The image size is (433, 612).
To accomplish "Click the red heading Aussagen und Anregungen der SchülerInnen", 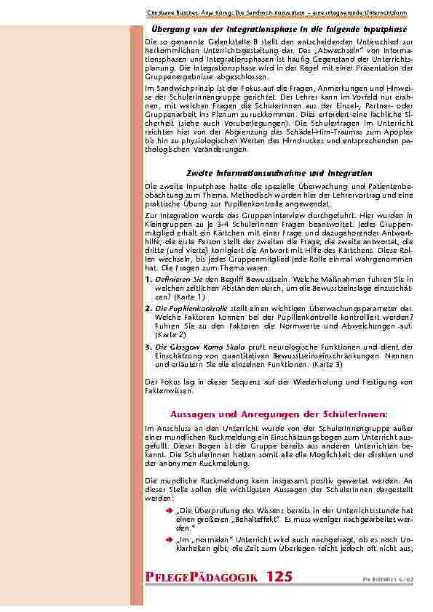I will [x=279, y=413].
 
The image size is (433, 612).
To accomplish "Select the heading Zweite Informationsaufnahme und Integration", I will [x=279, y=174].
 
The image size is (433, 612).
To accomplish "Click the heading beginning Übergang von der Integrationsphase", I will [x=279, y=28].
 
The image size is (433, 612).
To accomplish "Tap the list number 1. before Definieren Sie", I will [x=148, y=279].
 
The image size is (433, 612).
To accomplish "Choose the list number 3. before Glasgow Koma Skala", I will [x=148, y=347].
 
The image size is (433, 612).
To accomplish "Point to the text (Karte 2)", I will [x=171, y=335].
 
